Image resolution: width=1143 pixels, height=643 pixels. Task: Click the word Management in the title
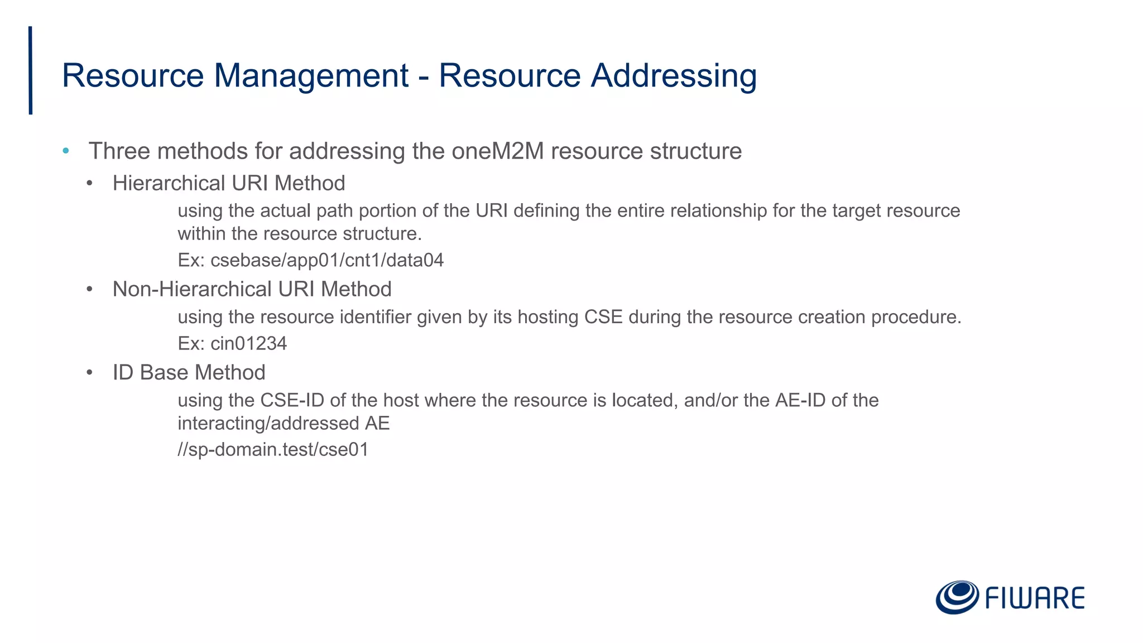(x=311, y=76)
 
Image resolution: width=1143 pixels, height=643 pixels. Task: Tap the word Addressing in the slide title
(x=674, y=76)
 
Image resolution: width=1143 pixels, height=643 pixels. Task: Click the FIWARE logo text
(x=1035, y=598)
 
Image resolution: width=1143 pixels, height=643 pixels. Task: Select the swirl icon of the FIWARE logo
(x=957, y=597)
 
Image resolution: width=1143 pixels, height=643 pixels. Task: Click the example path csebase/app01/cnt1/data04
(x=327, y=260)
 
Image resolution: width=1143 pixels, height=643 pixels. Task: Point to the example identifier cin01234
(x=248, y=343)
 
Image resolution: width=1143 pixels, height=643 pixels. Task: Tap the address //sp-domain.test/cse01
(x=273, y=449)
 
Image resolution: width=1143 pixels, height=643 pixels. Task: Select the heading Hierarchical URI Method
(x=229, y=183)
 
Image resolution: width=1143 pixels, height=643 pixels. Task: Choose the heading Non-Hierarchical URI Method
(x=252, y=289)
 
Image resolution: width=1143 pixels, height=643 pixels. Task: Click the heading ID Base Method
(x=189, y=372)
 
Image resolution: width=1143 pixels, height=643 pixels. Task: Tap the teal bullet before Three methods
(x=66, y=151)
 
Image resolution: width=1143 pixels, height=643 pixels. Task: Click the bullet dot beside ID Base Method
(x=89, y=372)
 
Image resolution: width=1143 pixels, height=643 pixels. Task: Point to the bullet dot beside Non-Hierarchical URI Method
(x=89, y=289)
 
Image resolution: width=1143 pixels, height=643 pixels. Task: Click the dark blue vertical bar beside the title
(x=30, y=70)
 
